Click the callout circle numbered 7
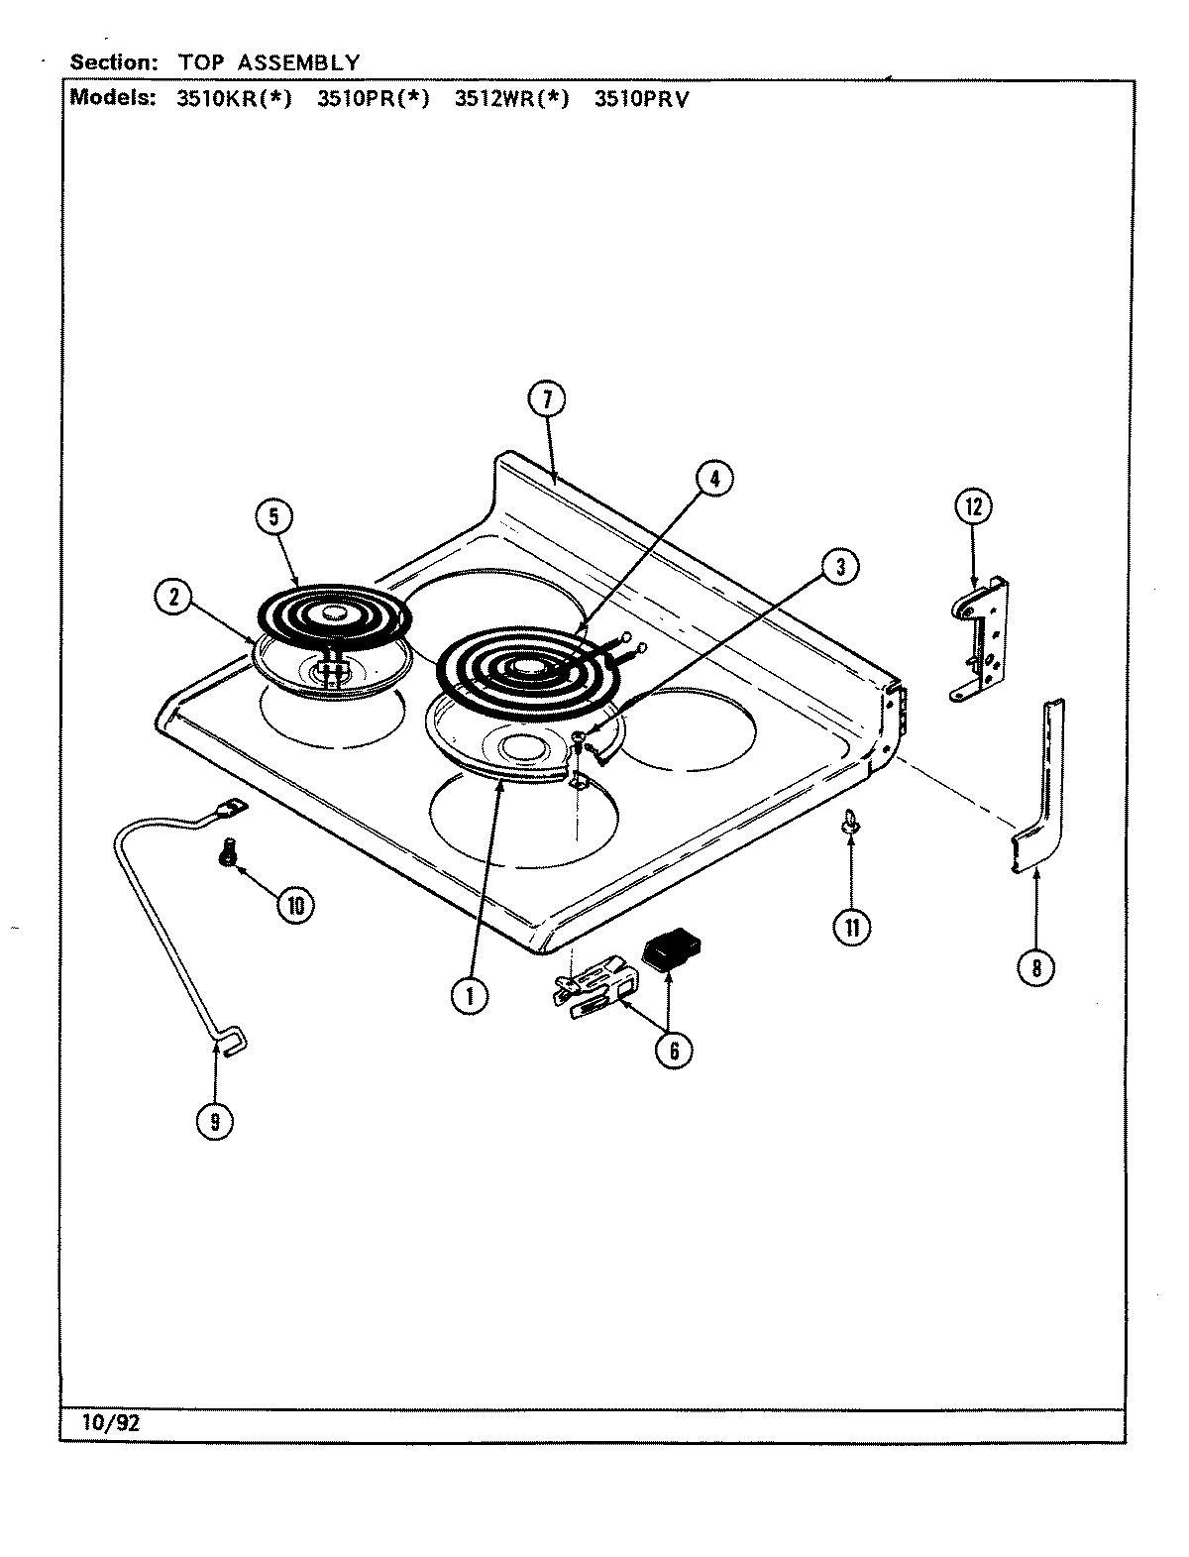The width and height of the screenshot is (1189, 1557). [546, 400]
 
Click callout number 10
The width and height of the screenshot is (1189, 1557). [294, 904]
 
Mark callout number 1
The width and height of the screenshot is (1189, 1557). [470, 996]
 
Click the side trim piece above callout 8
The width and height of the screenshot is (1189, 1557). [1043, 783]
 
